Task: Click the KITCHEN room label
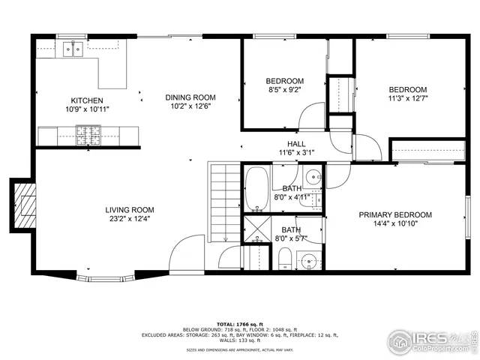pos(87,100)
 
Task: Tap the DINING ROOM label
pos(190,97)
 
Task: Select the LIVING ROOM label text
pos(130,210)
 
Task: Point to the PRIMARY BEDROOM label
pos(394,214)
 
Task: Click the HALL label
pos(295,144)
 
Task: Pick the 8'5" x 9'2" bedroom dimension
pos(284,91)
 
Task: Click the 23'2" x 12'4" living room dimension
pos(130,220)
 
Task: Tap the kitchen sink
pos(73,49)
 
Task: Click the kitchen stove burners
pos(88,135)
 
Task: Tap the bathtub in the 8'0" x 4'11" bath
pos(256,188)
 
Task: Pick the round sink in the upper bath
pos(316,179)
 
